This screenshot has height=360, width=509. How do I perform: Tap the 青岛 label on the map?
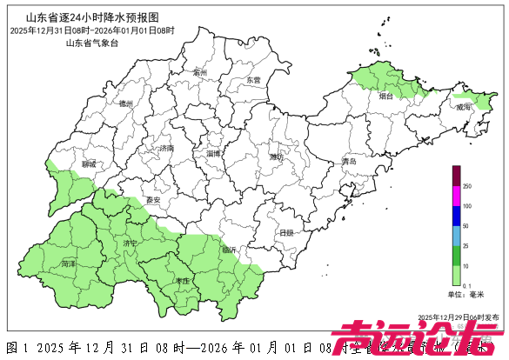tap(349, 162)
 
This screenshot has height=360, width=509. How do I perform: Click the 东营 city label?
tap(253, 79)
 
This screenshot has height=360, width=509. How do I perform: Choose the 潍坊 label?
tap(277, 157)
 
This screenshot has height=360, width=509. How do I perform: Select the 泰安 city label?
tap(154, 200)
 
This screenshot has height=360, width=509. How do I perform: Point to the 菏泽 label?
tap(69, 262)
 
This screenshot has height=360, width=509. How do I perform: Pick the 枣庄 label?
tap(182, 281)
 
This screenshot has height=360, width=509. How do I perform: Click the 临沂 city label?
tap(230, 250)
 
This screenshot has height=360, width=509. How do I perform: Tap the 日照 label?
tap(286, 232)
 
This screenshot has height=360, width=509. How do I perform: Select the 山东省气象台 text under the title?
tap(92, 43)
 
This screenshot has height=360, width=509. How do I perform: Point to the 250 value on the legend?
tap(467, 186)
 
